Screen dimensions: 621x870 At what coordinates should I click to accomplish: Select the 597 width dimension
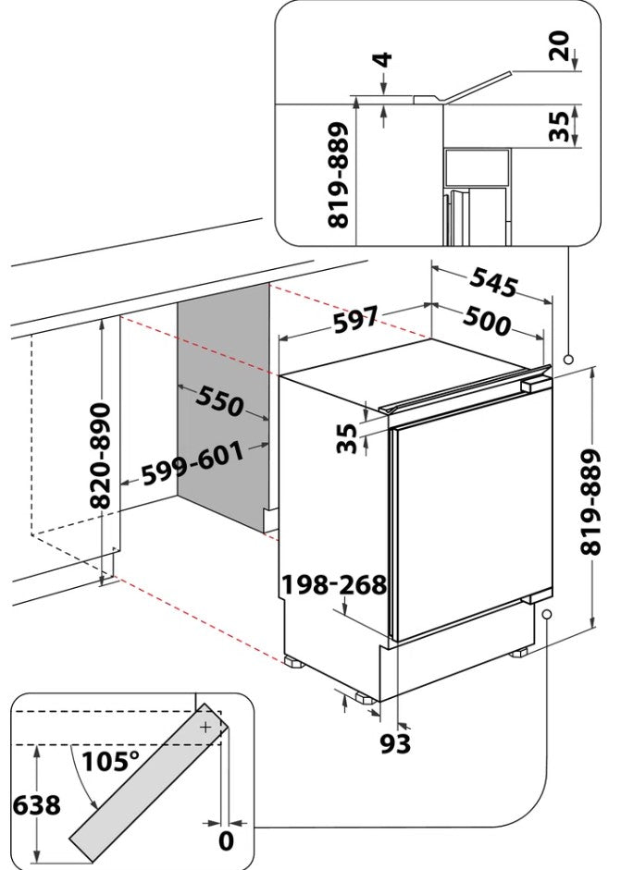356,319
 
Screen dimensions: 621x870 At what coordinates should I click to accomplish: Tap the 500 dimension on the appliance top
487,320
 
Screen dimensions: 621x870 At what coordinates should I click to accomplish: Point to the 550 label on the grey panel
219,400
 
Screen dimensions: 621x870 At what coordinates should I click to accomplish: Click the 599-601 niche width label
193,464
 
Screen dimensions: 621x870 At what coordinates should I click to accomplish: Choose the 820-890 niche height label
101,456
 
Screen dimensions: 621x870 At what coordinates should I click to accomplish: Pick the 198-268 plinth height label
334,585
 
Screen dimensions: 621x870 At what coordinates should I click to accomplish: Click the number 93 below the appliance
395,744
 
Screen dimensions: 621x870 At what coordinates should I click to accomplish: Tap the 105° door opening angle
111,762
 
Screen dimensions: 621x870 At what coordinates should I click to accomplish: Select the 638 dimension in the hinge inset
37,805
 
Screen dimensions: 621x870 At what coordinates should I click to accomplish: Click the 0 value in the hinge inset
226,841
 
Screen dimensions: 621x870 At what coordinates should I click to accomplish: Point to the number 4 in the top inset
383,60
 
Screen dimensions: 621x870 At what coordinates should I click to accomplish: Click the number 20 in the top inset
559,46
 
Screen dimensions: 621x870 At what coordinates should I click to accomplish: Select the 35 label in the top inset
559,127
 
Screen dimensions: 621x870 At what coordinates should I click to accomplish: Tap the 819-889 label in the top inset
339,176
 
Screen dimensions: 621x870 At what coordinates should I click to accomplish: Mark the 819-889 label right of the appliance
591,503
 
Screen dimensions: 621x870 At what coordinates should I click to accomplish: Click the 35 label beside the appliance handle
347,438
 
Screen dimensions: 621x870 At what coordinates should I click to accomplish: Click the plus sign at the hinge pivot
205,727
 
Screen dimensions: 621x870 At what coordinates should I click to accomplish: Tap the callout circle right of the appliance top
567,360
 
